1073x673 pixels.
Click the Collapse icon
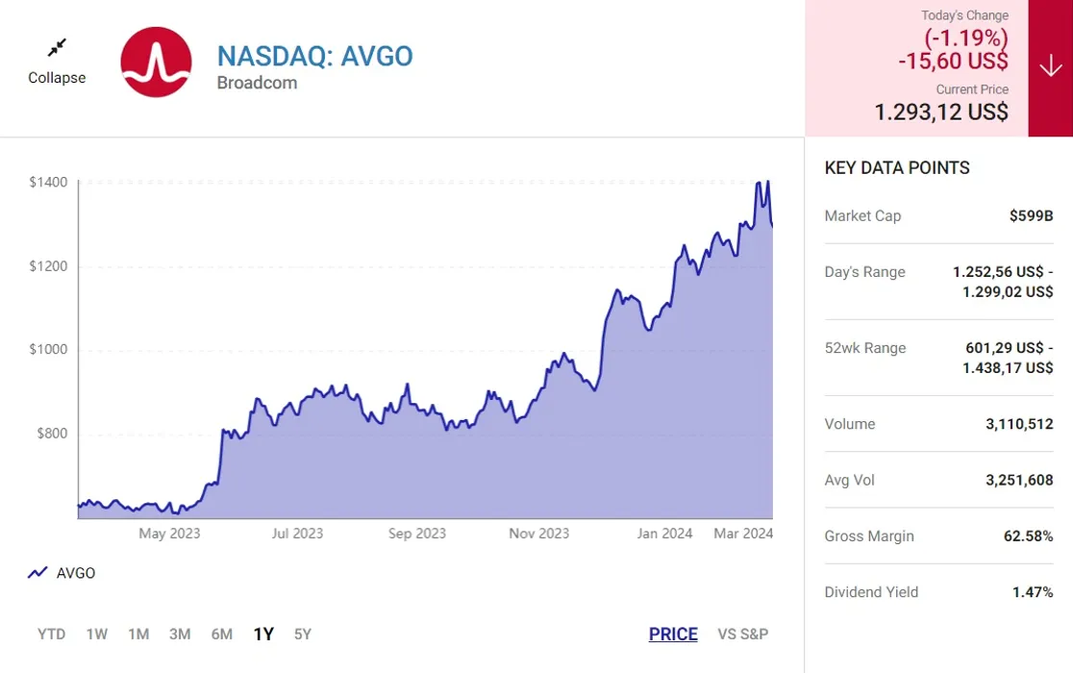57,47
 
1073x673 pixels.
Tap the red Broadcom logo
157,62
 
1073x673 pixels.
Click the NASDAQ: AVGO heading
314,56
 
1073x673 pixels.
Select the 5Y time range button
303,634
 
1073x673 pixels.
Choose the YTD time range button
51,634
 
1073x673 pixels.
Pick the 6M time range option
222,634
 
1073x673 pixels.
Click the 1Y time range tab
263,634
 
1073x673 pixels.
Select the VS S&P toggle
742,634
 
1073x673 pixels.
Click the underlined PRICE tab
673,634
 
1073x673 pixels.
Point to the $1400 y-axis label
48,182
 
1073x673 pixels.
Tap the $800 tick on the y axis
52,434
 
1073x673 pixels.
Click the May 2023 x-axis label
169,534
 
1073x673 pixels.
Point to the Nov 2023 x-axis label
538,534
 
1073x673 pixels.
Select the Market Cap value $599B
1031,216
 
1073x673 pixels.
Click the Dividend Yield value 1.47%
1033,592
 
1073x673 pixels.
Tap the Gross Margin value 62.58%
1028,536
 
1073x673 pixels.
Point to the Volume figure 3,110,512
1019,424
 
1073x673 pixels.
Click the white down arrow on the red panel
1050,66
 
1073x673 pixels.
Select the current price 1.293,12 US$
940,112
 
